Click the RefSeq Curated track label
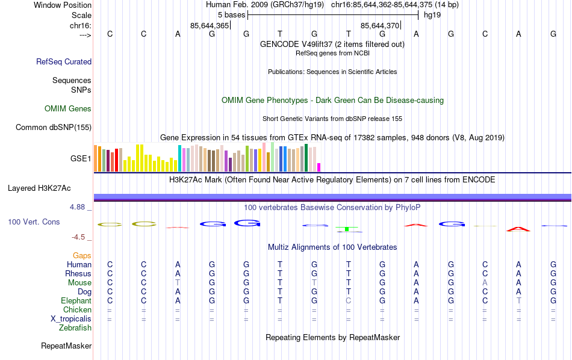(x=64, y=61)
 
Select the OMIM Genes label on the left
(x=68, y=109)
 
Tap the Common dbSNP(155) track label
(x=54, y=127)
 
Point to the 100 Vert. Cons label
(x=34, y=222)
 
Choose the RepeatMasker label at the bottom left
(x=66, y=346)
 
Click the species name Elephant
(x=76, y=301)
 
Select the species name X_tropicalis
(x=71, y=319)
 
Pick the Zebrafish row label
(x=75, y=328)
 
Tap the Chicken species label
(x=77, y=310)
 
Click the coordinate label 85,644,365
(x=209, y=26)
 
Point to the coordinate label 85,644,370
(x=379, y=26)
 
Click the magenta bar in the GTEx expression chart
(x=319, y=167)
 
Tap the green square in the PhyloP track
(x=347, y=229)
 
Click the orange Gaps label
(x=82, y=256)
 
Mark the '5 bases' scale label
(x=231, y=14)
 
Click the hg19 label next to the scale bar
(x=432, y=14)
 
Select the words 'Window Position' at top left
(x=63, y=5)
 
